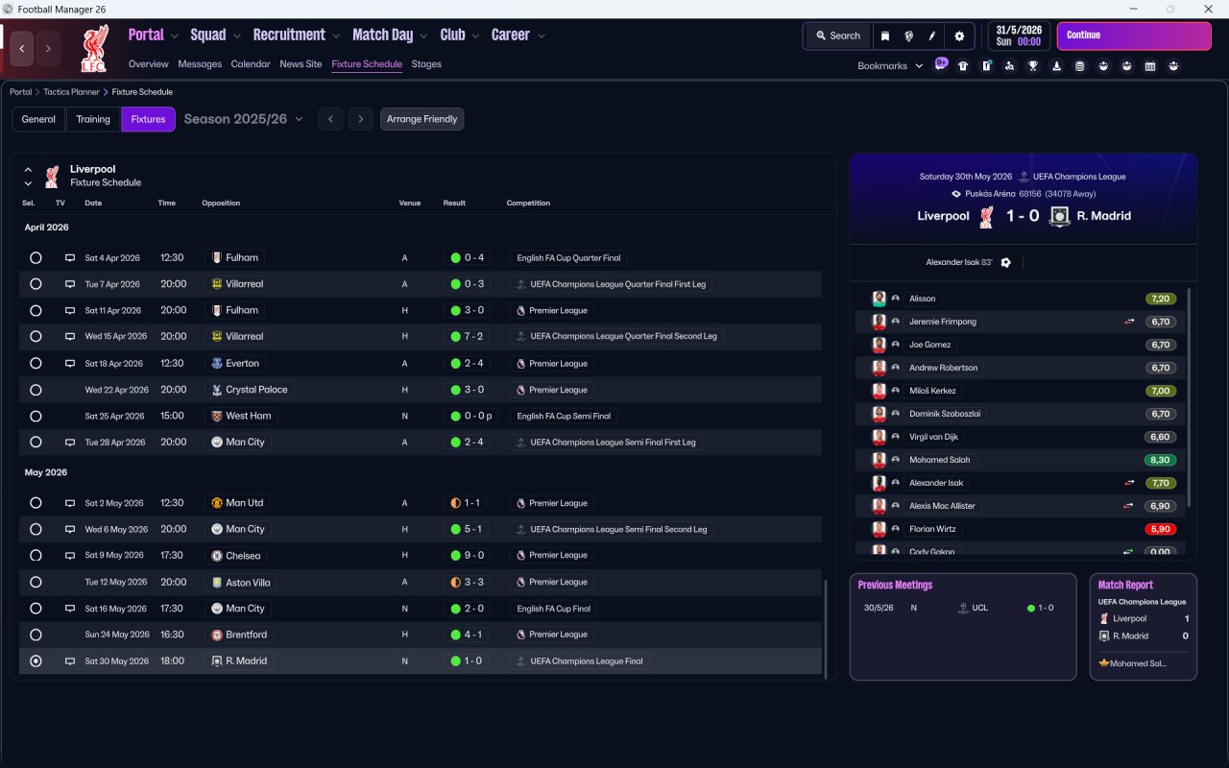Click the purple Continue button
[1133, 36]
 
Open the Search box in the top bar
[837, 36]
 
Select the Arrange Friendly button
[422, 119]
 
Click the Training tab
[93, 119]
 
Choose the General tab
[38, 119]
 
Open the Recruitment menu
[296, 36]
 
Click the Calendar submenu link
[251, 64]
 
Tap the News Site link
[301, 64]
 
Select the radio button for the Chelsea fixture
[36, 556]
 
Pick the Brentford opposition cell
[239, 635]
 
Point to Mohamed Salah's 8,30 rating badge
[1160, 460]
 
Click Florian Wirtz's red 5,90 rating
[1160, 529]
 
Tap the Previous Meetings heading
[895, 585]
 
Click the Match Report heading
[1125, 585]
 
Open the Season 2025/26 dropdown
[243, 119]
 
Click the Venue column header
[410, 204]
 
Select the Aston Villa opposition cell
[248, 582]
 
